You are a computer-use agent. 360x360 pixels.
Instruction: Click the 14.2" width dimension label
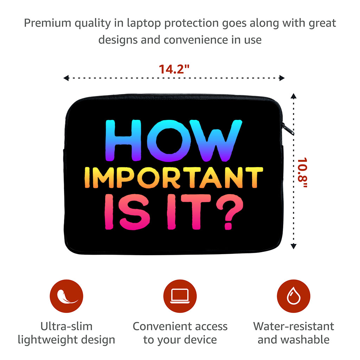(x=174, y=69)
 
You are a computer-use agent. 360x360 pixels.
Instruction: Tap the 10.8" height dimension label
(x=302, y=172)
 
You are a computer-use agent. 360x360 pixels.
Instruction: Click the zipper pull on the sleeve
(x=288, y=129)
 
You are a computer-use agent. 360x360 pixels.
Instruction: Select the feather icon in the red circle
(x=66, y=296)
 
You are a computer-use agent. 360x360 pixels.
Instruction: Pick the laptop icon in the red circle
(x=180, y=296)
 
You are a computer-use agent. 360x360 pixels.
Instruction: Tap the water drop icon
(x=294, y=296)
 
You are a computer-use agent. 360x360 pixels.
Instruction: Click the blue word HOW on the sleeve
(x=174, y=141)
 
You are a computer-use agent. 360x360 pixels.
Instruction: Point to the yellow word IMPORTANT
(x=174, y=178)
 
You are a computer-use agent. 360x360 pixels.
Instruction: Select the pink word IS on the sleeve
(x=127, y=212)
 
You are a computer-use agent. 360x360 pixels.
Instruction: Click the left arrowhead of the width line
(x=66, y=78)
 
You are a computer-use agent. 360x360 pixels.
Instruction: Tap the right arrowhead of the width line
(x=282, y=78)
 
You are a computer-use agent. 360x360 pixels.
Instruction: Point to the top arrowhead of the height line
(x=294, y=96)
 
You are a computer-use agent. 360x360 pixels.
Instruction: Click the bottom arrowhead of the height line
(x=294, y=246)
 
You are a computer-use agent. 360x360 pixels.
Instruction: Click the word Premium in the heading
(x=48, y=23)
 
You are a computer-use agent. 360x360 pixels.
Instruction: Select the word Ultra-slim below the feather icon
(x=66, y=326)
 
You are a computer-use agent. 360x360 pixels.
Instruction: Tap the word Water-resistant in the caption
(x=294, y=326)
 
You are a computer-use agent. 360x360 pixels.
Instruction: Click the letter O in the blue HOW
(x=169, y=141)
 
